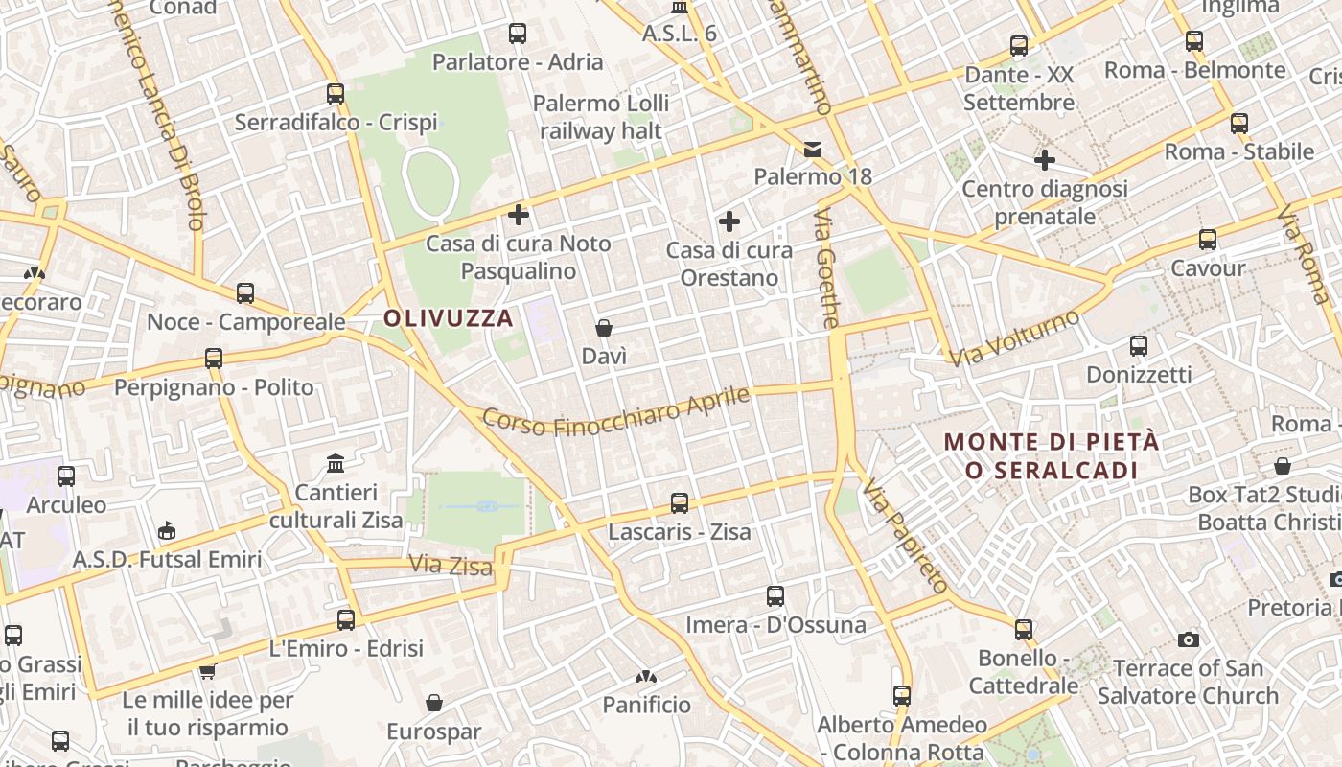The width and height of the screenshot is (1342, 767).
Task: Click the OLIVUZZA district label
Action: (x=449, y=318)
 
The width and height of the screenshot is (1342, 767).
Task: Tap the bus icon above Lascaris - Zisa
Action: (x=679, y=502)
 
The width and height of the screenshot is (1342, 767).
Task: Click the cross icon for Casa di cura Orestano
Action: (x=729, y=222)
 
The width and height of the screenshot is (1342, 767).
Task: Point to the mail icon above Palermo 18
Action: (x=813, y=149)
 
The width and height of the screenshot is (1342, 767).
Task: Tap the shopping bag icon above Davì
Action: (x=604, y=328)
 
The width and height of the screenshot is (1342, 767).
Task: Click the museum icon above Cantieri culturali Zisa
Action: (x=335, y=464)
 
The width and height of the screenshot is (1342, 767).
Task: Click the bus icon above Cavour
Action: (x=1207, y=240)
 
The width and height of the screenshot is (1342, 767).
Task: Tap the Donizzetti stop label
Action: (x=1139, y=374)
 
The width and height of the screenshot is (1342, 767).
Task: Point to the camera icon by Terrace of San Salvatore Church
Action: (x=1189, y=639)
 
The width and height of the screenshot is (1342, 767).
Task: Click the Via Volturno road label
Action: (x=1016, y=337)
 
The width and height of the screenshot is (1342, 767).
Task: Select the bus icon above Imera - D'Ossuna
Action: (x=775, y=596)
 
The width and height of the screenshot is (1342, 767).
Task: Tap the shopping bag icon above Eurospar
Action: (x=434, y=703)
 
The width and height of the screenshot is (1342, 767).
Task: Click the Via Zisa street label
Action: (x=451, y=566)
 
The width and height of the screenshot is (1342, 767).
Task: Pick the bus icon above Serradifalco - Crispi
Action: (x=335, y=94)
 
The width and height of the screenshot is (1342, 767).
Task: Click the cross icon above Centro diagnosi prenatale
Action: (x=1045, y=160)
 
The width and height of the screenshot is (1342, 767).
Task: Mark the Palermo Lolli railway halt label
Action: (x=602, y=117)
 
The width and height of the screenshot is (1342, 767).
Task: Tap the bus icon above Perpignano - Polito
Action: (x=213, y=359)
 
